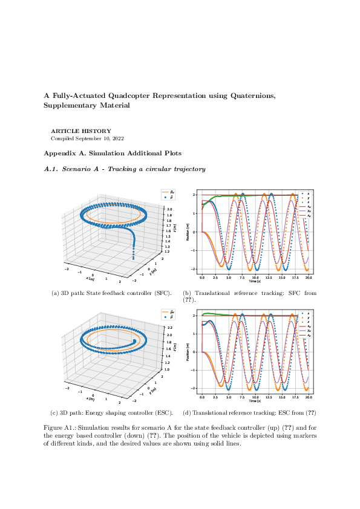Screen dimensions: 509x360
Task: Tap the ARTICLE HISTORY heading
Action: coord(72,131)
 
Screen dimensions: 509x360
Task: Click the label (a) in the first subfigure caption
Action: coord(56,293)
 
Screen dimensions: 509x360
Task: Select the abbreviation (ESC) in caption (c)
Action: coord(165,413)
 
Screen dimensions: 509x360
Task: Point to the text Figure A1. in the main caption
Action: coord(58,427)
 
